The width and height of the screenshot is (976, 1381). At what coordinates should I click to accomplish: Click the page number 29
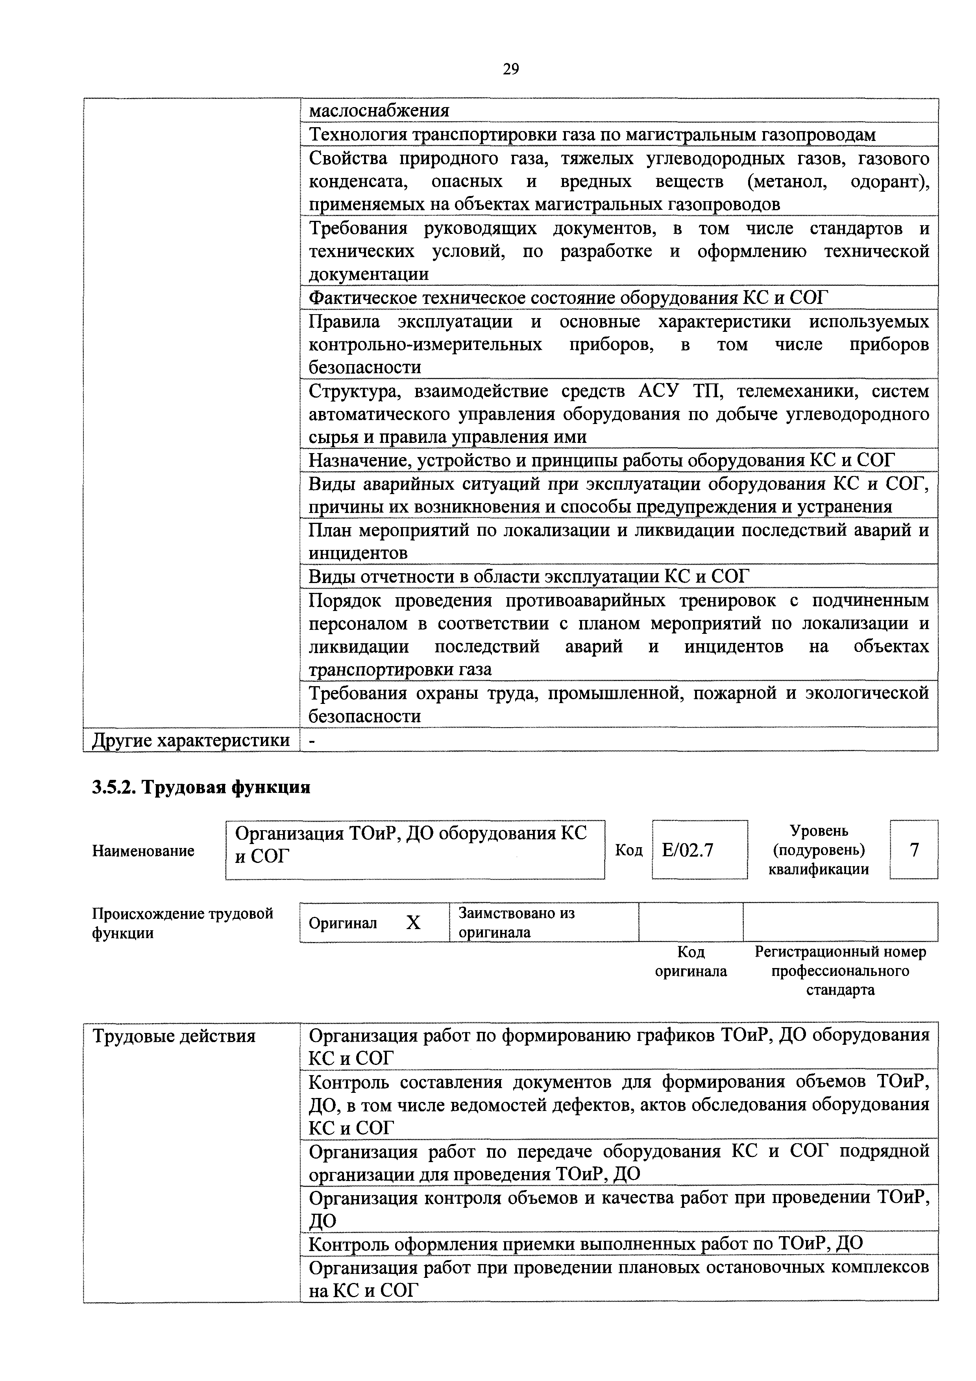click(x=510, y=70)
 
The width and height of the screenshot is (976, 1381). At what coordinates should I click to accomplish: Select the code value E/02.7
click(x=688, y=850)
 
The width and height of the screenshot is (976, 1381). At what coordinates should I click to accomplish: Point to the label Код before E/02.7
click(x=628, y=850)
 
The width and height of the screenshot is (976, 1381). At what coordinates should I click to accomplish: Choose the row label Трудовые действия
click(x=174, y=1036)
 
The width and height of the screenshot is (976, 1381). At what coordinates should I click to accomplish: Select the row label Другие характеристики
click(x=190, y=740)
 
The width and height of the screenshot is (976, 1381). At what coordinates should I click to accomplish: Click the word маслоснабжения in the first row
click(x=379, y=111)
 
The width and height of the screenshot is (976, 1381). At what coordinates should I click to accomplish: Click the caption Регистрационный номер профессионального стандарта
click(x=840, y=971)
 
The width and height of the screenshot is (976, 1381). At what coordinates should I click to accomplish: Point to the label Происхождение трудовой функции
click(x=182, y=923)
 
